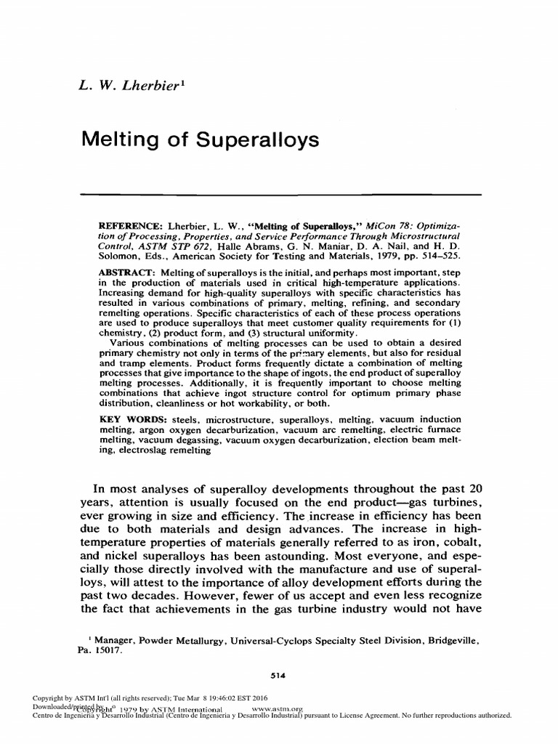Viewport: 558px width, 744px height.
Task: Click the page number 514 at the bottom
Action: pos(278,675)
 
